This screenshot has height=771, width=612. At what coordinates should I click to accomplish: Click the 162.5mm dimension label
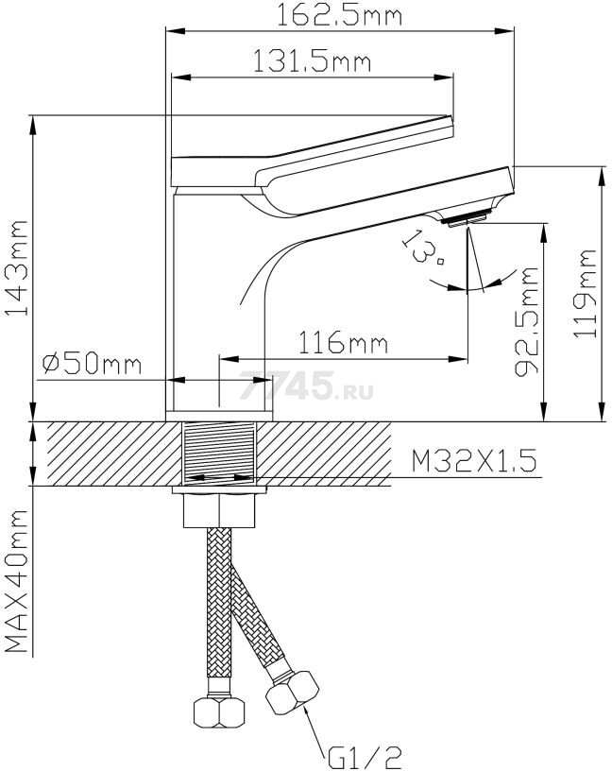pyautogui.click(x=340, y=15)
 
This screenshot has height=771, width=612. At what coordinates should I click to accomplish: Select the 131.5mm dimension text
pyautogui.click(x=312, y=61)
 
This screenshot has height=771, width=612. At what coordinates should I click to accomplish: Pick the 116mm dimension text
pyautogui.click(x=344, y=343)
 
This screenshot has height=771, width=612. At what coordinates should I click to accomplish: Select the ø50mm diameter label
pyautogui.click(x=92, y=364)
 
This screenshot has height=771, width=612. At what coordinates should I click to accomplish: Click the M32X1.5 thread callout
pyautogui.click(x=474, y=461)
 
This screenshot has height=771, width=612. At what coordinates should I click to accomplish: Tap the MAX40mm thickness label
pyautogui.click(x=17, y=581)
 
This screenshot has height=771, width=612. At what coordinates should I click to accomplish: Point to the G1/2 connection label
pyautogui.click(x=365, y=758)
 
